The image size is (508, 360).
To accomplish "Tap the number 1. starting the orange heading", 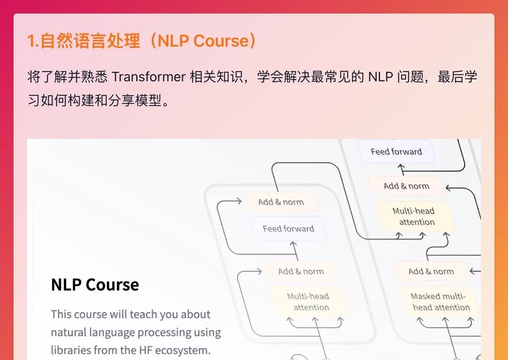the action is (33, 41).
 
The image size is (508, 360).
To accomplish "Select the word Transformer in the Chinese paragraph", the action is (149, 77).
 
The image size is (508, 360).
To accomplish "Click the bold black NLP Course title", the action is (95, 285).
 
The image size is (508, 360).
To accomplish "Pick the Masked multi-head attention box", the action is (439, 302).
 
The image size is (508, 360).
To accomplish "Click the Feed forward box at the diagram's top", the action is (396, 151).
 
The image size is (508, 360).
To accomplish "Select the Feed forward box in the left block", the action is (288, 228).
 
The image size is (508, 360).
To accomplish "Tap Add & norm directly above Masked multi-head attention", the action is (431, 271).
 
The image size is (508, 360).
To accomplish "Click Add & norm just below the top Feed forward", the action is (406, 186).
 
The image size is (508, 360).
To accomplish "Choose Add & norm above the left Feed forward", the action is (281, 202).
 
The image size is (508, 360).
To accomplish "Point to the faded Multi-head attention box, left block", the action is (309, 302).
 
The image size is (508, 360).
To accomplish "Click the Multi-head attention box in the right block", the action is (414, 216).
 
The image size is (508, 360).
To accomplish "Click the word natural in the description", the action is (68, 332).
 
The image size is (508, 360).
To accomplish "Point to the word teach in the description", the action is (143, 314).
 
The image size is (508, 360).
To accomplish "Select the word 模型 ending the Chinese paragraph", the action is (148, 100).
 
